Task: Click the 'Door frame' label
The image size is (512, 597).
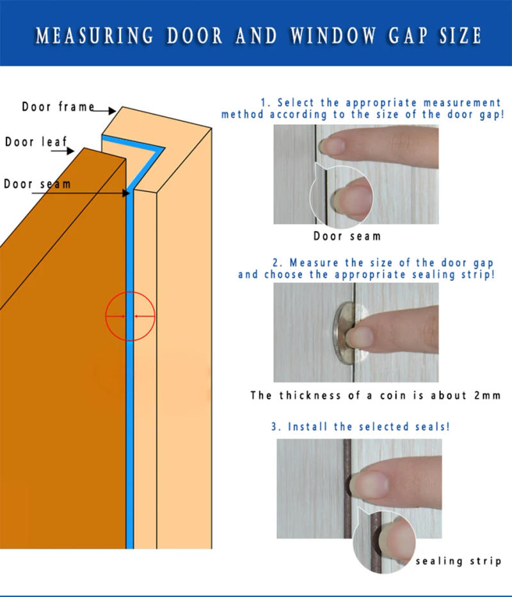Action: click(58, 107)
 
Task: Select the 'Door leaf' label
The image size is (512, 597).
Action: click(36, 141)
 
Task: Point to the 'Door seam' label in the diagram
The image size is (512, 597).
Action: click(37, 184)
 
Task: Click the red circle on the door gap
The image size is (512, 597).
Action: click(131, 316)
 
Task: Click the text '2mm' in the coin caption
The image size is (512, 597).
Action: click(488, 395)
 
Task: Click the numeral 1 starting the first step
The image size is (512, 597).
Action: click(263, 103)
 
